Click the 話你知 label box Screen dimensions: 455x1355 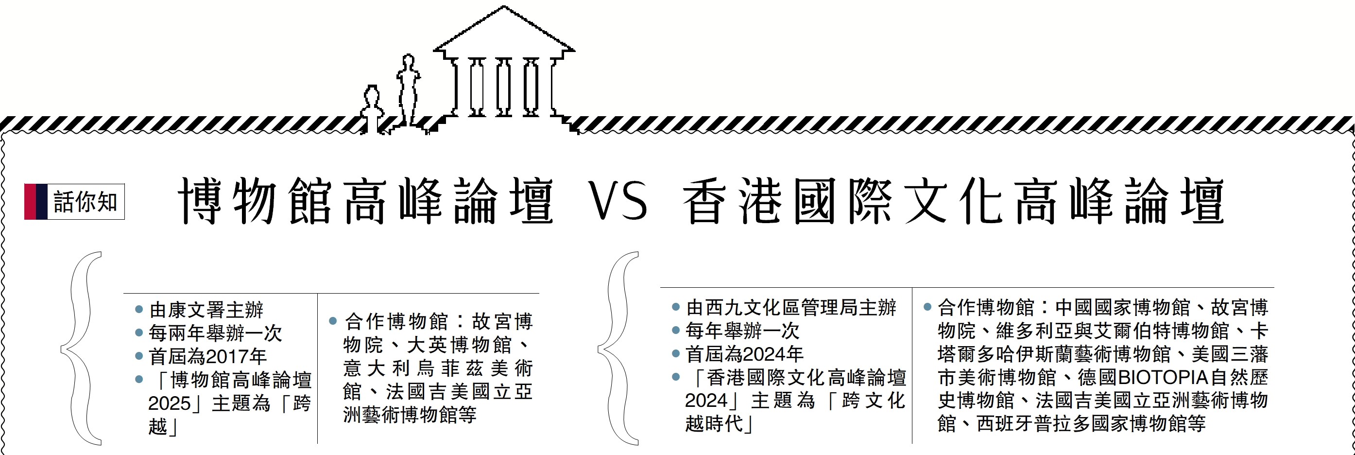click(85, 201)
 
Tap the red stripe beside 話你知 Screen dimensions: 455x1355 click(30, 201)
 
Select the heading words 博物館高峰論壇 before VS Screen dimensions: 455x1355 click(365, 201)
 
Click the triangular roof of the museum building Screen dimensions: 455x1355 click(504, 32)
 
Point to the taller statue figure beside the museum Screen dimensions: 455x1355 click(408, 89)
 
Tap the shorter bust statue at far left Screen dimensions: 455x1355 click(372, 110)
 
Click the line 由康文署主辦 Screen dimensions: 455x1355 click(206, 310)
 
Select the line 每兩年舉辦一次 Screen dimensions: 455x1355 click(215, 333)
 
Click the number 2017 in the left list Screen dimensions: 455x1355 click(227, 357)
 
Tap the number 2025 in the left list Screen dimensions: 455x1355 click(169, 403)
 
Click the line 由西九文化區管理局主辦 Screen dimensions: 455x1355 click(790, 307)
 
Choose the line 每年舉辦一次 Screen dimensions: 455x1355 click(742, 331)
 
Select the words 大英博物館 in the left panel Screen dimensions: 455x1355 click(459, 345)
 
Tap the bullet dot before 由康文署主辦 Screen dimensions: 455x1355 click(139, 309)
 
